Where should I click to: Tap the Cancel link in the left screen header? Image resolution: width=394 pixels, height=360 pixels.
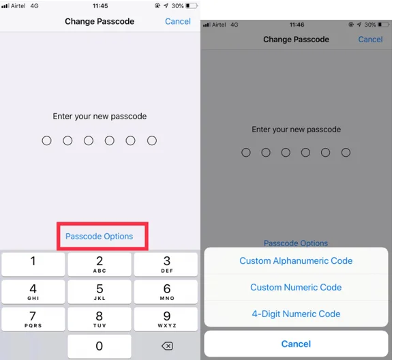click(x=177, y=21)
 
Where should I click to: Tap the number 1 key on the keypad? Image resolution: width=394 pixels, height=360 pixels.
click(x=33, y=264)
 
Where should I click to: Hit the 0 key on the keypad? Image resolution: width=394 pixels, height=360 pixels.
click(x=100, y=346)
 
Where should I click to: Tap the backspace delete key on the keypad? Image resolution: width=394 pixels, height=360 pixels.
click(x=166, y=346)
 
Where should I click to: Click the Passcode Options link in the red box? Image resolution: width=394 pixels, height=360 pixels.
click(x=99, y=237)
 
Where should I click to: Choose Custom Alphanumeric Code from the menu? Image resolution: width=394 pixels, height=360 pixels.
click(x=296, y=260)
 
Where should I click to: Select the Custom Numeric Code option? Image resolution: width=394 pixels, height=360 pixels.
click(x=296, y=287)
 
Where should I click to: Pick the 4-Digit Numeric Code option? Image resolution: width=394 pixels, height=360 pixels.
click(x=296, y=314)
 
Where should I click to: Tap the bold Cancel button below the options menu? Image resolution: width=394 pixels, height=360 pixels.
click(x=296, y=344)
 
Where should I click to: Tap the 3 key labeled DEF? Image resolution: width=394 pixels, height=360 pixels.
click(x=166, y=264)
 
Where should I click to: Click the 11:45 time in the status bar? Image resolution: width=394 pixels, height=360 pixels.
click(x=100, y=5)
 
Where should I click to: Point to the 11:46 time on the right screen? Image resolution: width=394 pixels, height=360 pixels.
click(x=296, y=25)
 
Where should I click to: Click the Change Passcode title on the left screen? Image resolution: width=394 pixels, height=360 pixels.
click(x=100, y=21)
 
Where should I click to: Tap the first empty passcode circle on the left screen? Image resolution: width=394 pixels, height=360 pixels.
click(x=46, y=140)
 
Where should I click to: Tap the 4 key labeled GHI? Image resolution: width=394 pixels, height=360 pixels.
click(x=33, y=292)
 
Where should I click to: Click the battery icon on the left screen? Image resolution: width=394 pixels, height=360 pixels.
click(x=192, y=5)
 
